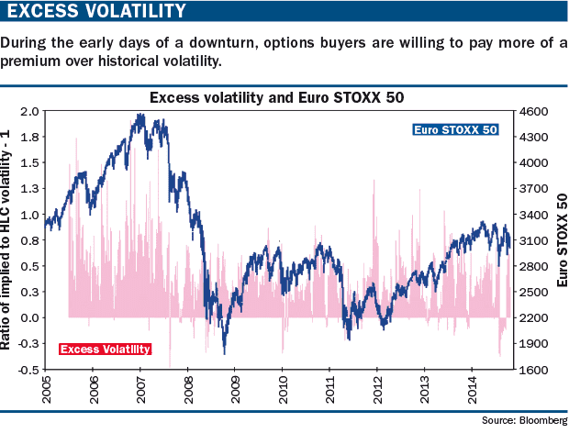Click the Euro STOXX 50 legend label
tap(456, 130)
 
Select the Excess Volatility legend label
tap(105, 349)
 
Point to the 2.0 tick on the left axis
tap(30, 111)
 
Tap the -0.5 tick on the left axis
tap(28, 370)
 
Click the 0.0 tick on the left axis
tap(30, 317)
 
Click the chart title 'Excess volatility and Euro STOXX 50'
tap(276, 96)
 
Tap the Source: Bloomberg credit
tap(524, 420)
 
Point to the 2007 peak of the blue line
tap(140, 115)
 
